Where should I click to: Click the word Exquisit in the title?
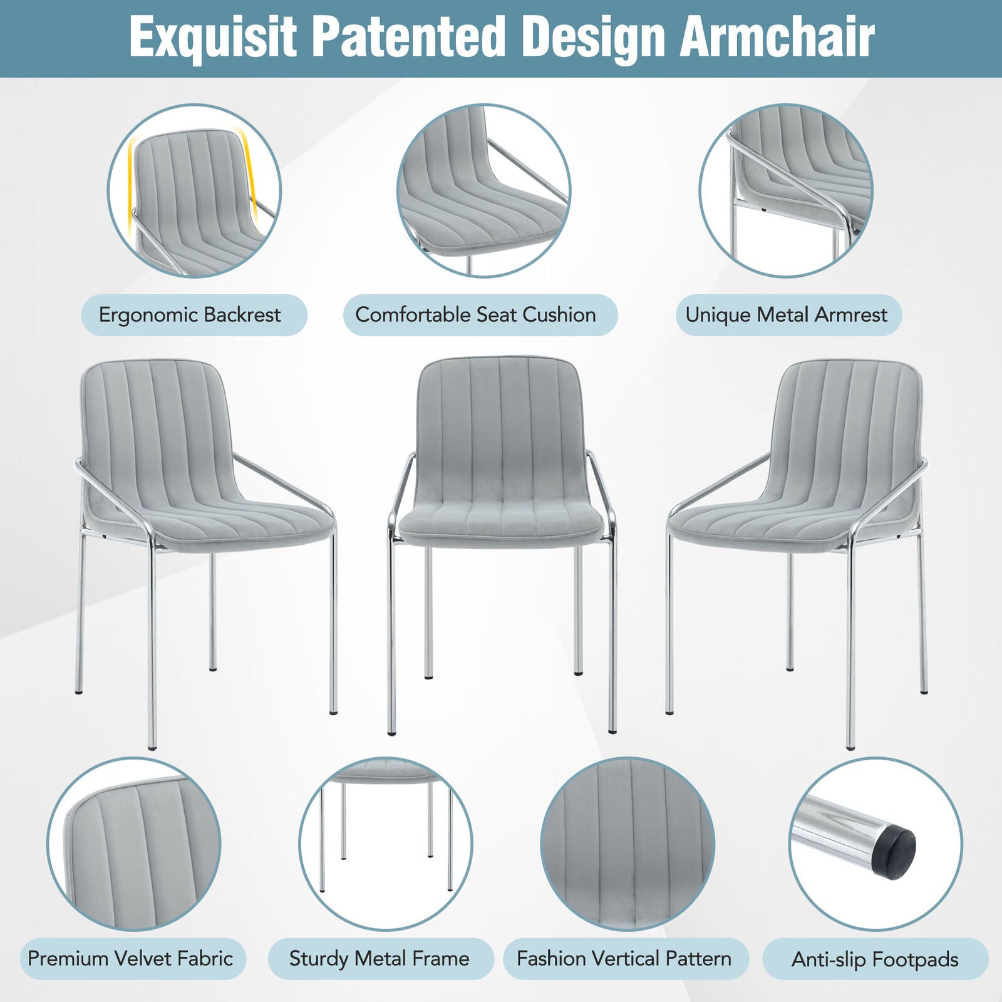(213, 38)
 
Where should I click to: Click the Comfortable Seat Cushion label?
(476, 315)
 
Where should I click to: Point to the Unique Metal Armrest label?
(787, 315)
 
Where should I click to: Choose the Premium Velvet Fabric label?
(130, 959)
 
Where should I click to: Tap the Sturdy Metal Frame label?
(379, 959)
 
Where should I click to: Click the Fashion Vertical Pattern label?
(624, 959)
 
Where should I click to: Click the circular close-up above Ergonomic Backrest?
(194, 190)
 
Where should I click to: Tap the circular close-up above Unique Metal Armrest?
(786, 190)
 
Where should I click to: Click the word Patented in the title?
(410, 38)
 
